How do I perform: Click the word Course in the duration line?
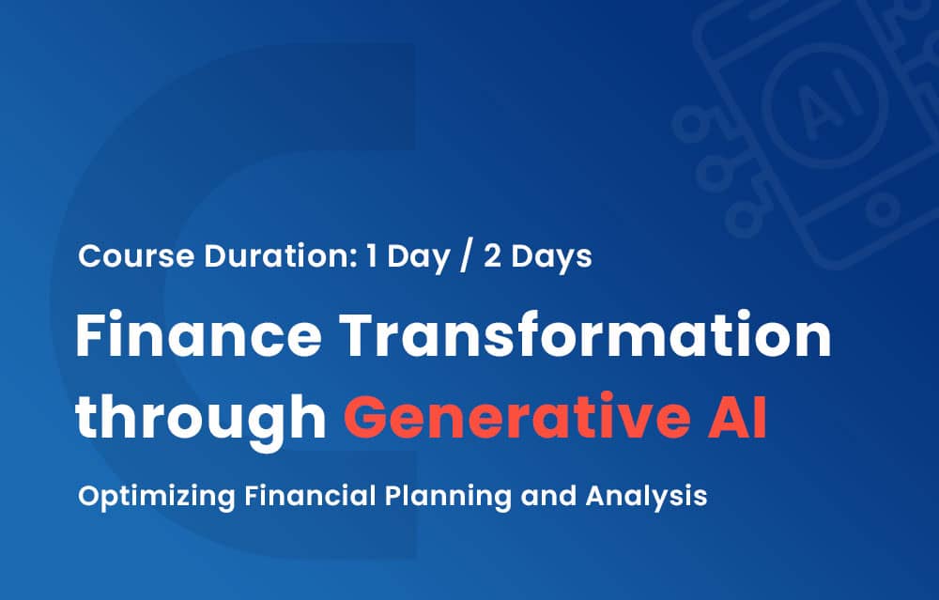click(x=136, y=255)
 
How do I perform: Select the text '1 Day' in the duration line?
click(x=408, y=257)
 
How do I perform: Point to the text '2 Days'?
click(x=538, y=257)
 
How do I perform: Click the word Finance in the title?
click(x=199, y=334)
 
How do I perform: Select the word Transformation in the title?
click(x=585, y=334)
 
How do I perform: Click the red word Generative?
click(x=516, y=416)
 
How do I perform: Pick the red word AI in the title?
click(x=737, y=417)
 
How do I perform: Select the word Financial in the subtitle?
click(x=309, y=496)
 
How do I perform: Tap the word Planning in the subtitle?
click(x=447, y=497)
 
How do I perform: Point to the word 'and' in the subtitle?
click(x=548, y=497)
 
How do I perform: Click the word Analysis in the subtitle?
click(x=646, y=497)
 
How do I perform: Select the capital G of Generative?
click(x=364, y=417)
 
